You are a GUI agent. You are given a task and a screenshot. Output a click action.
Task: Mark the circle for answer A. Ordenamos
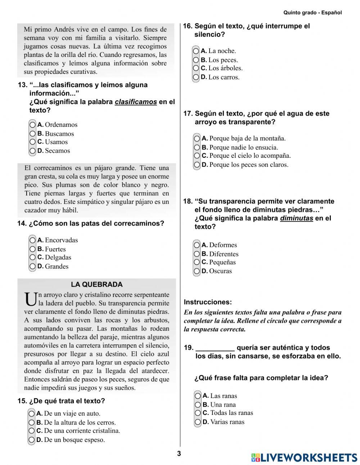(33, 125)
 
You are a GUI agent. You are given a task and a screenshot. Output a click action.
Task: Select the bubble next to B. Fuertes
(33, 249)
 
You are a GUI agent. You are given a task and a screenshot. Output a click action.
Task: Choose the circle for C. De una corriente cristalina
(32, 431)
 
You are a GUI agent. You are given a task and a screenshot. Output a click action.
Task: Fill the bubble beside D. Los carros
(196, 77)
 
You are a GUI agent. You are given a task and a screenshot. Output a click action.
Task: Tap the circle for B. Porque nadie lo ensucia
(197, 147)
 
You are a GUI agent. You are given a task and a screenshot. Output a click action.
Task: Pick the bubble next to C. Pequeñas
(197, 262)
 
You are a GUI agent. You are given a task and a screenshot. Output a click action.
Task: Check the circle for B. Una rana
(198, 404)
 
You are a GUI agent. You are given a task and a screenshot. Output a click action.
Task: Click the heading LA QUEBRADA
(96, 285)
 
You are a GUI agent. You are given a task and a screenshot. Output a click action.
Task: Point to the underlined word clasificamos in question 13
(136, 102)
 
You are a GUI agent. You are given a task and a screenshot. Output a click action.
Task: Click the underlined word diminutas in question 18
(296, 218)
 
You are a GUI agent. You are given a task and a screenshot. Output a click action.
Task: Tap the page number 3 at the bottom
(179, 454)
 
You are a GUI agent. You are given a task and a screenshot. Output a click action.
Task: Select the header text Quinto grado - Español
(312, 13)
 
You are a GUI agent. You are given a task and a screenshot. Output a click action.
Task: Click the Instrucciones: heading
(208, 302)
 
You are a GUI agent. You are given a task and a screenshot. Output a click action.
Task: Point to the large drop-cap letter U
(31, 299)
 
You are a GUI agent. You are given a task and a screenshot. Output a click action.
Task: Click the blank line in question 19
(215, 348)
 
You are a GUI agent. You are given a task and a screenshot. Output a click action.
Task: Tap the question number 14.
(22, 224)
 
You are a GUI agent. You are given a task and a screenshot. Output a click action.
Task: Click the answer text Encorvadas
(61, 240)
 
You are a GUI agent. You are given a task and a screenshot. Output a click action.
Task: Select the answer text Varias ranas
(227, 422)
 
